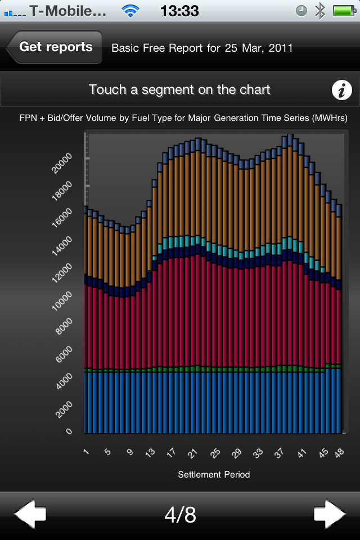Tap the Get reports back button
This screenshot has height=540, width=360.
pyautogui.click(x=55, y=47)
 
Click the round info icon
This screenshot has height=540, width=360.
pyautogui.click(x=341, y=90)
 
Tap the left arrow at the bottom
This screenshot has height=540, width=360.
pyautogui.click(x=30, y=514)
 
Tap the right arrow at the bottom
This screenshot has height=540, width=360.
pyautogui.click(x=330, y=514)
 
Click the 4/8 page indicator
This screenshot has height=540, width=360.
pyautogui.click(x=180, y=515)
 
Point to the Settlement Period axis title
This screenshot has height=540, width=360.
pyautogui.click(x=214, y=474)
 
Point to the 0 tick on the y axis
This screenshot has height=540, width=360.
pyautogui.click(x=69, y=431)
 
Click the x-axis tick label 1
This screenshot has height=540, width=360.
pyautogui.click(x=87, y=452)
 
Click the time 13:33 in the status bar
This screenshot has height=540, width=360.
pyautogui.click(x=179, y=10)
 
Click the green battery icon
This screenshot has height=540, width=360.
pyautogui.click(x=343, y=10)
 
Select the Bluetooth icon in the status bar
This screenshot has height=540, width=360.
pyautogui.click(x=320, y=10)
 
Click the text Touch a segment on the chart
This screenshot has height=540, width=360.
pyautogui.click(x=179, y=89)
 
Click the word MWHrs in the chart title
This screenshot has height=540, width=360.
pyautogui.click(x=330, y=118)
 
